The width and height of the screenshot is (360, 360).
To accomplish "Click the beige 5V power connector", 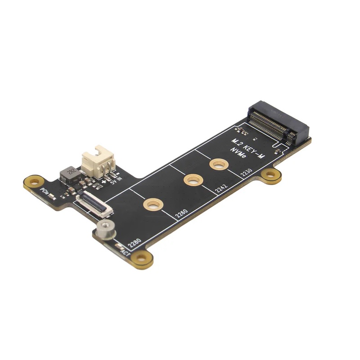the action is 98,162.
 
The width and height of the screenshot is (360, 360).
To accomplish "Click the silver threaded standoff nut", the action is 105,229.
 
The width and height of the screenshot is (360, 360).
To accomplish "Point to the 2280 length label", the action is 135,243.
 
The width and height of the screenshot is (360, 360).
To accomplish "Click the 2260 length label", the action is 181,213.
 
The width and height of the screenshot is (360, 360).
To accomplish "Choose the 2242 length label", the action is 221,188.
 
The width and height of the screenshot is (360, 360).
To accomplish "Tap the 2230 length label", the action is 247,172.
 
